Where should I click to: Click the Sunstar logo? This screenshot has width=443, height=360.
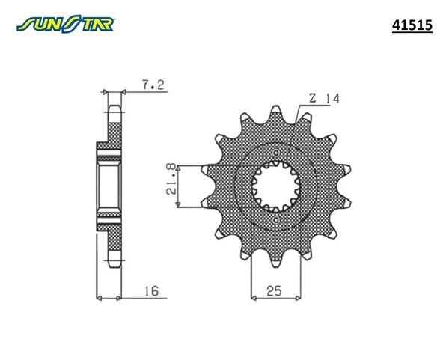click(65, 24)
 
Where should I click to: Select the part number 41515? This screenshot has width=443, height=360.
click(412, 25)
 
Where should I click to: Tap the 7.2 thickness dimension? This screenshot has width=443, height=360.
click(153, 85)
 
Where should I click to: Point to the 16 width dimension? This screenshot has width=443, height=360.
click(152, 290)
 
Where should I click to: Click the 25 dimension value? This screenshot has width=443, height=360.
click(274, 290)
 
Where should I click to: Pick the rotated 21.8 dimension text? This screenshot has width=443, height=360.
click(172, 180)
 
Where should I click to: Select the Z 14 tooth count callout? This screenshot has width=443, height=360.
click(324, 98)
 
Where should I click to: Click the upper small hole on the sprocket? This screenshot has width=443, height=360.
click(276, 153)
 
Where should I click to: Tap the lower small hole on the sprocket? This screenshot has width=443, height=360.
click(276, 220)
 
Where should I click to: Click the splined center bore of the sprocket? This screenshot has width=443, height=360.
click(276, 186)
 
